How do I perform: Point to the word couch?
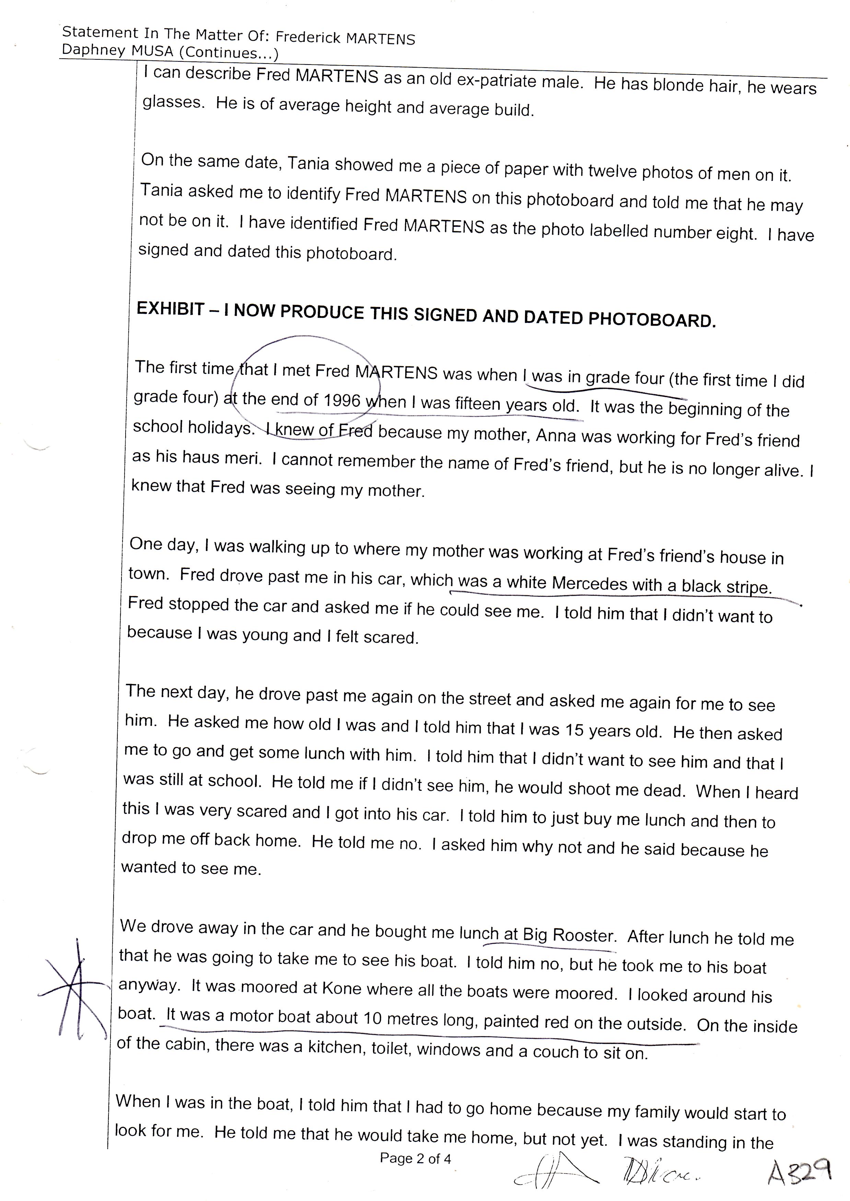(x=556, y=1052)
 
